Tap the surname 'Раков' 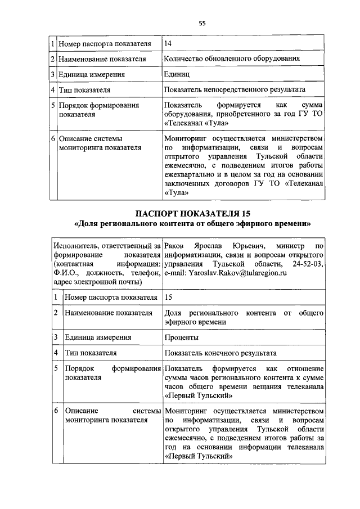click(175, 246)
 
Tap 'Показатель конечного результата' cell click(220, 353)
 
